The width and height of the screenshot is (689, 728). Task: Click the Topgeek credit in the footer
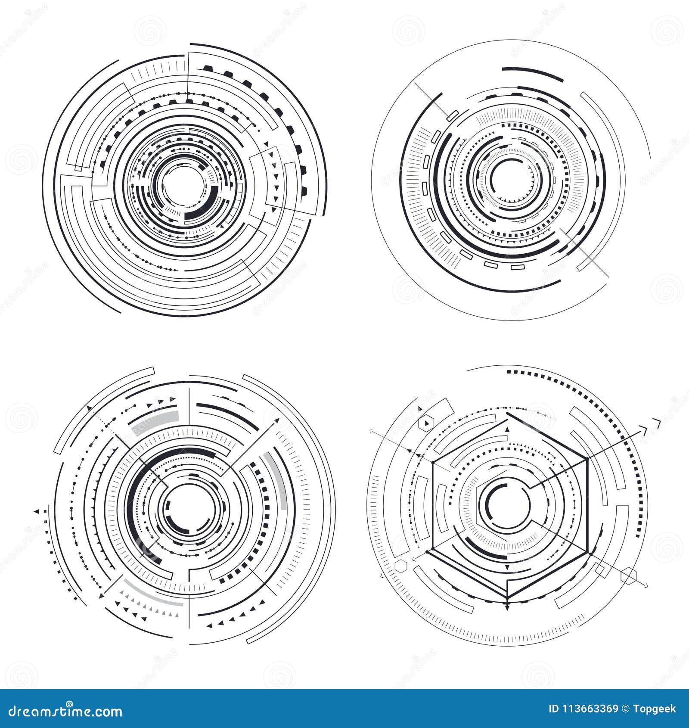(x=658, y=709)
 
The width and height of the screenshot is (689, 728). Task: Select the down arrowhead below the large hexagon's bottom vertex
(x=508, y=608)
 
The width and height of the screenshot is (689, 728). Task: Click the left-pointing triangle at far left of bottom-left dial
(x=37, y=511)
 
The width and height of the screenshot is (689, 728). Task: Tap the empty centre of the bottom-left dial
(x=188, y=506)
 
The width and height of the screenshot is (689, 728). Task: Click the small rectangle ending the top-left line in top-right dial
(x=452, y=115)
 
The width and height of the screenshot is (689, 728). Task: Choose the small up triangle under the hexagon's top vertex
(x=507, y=429)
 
